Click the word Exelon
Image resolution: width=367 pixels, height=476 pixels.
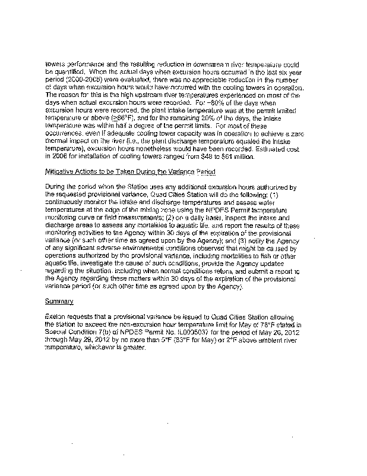point(56,318)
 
